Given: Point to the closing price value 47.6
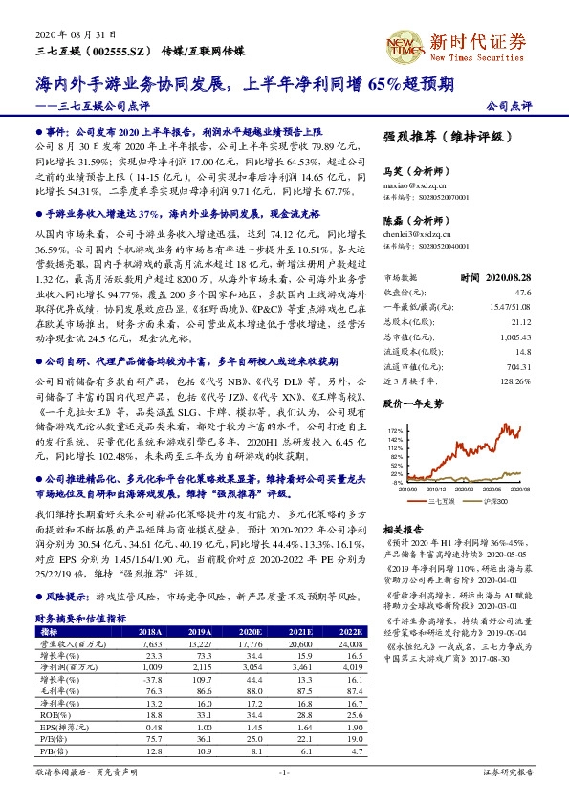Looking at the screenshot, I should click(x=522, y=267).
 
